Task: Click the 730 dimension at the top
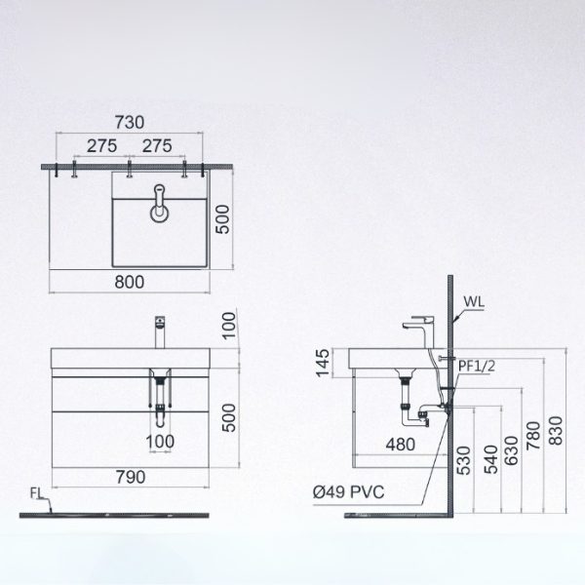(131, 122)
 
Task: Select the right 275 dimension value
(157, 145)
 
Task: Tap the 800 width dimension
(131, 282)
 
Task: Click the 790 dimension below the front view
(131, 478)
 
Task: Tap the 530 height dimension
(463, 458)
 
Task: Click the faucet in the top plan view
(159, 208)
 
